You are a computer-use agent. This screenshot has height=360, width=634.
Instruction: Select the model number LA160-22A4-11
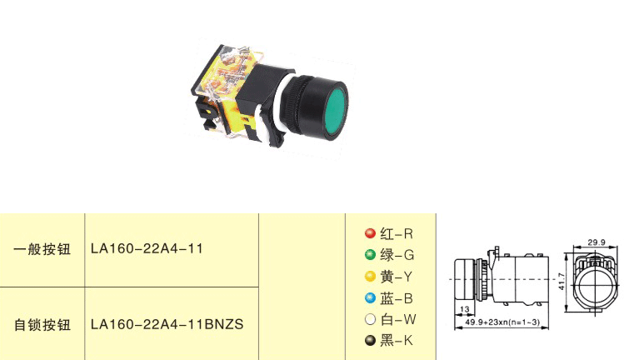147,248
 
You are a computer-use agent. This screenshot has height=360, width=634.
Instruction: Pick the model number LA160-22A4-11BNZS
167,324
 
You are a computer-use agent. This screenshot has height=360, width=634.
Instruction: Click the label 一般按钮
42,249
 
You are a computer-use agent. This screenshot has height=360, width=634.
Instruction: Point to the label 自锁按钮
42,324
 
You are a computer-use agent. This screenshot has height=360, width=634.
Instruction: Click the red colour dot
370,233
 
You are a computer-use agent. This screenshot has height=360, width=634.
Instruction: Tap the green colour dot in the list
370,255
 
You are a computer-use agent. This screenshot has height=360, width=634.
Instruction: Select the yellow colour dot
370,277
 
